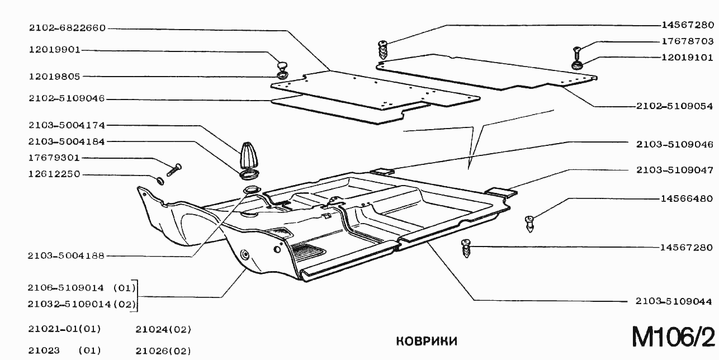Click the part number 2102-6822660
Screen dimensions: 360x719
[x=59, y=28]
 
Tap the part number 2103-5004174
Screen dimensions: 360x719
[x=59, y=125]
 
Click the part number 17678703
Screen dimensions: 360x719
[x=687, y=41]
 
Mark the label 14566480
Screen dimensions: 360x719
[x=687, y=198]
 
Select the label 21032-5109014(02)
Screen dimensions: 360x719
[x=82, y=305]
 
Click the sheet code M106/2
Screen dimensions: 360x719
[x=673, y=337]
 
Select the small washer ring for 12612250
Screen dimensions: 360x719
[x=159, y=180]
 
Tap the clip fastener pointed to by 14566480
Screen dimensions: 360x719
[x=529, y=225]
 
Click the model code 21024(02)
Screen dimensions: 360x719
[x=163, y=330]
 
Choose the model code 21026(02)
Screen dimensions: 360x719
[x=163, y=351]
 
